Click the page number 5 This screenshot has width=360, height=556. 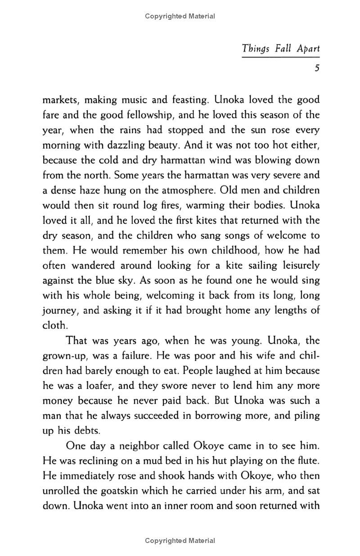pos(317,68)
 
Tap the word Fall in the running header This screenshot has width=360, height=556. pos(283,49)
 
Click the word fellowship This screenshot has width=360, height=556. pos(144,115)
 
